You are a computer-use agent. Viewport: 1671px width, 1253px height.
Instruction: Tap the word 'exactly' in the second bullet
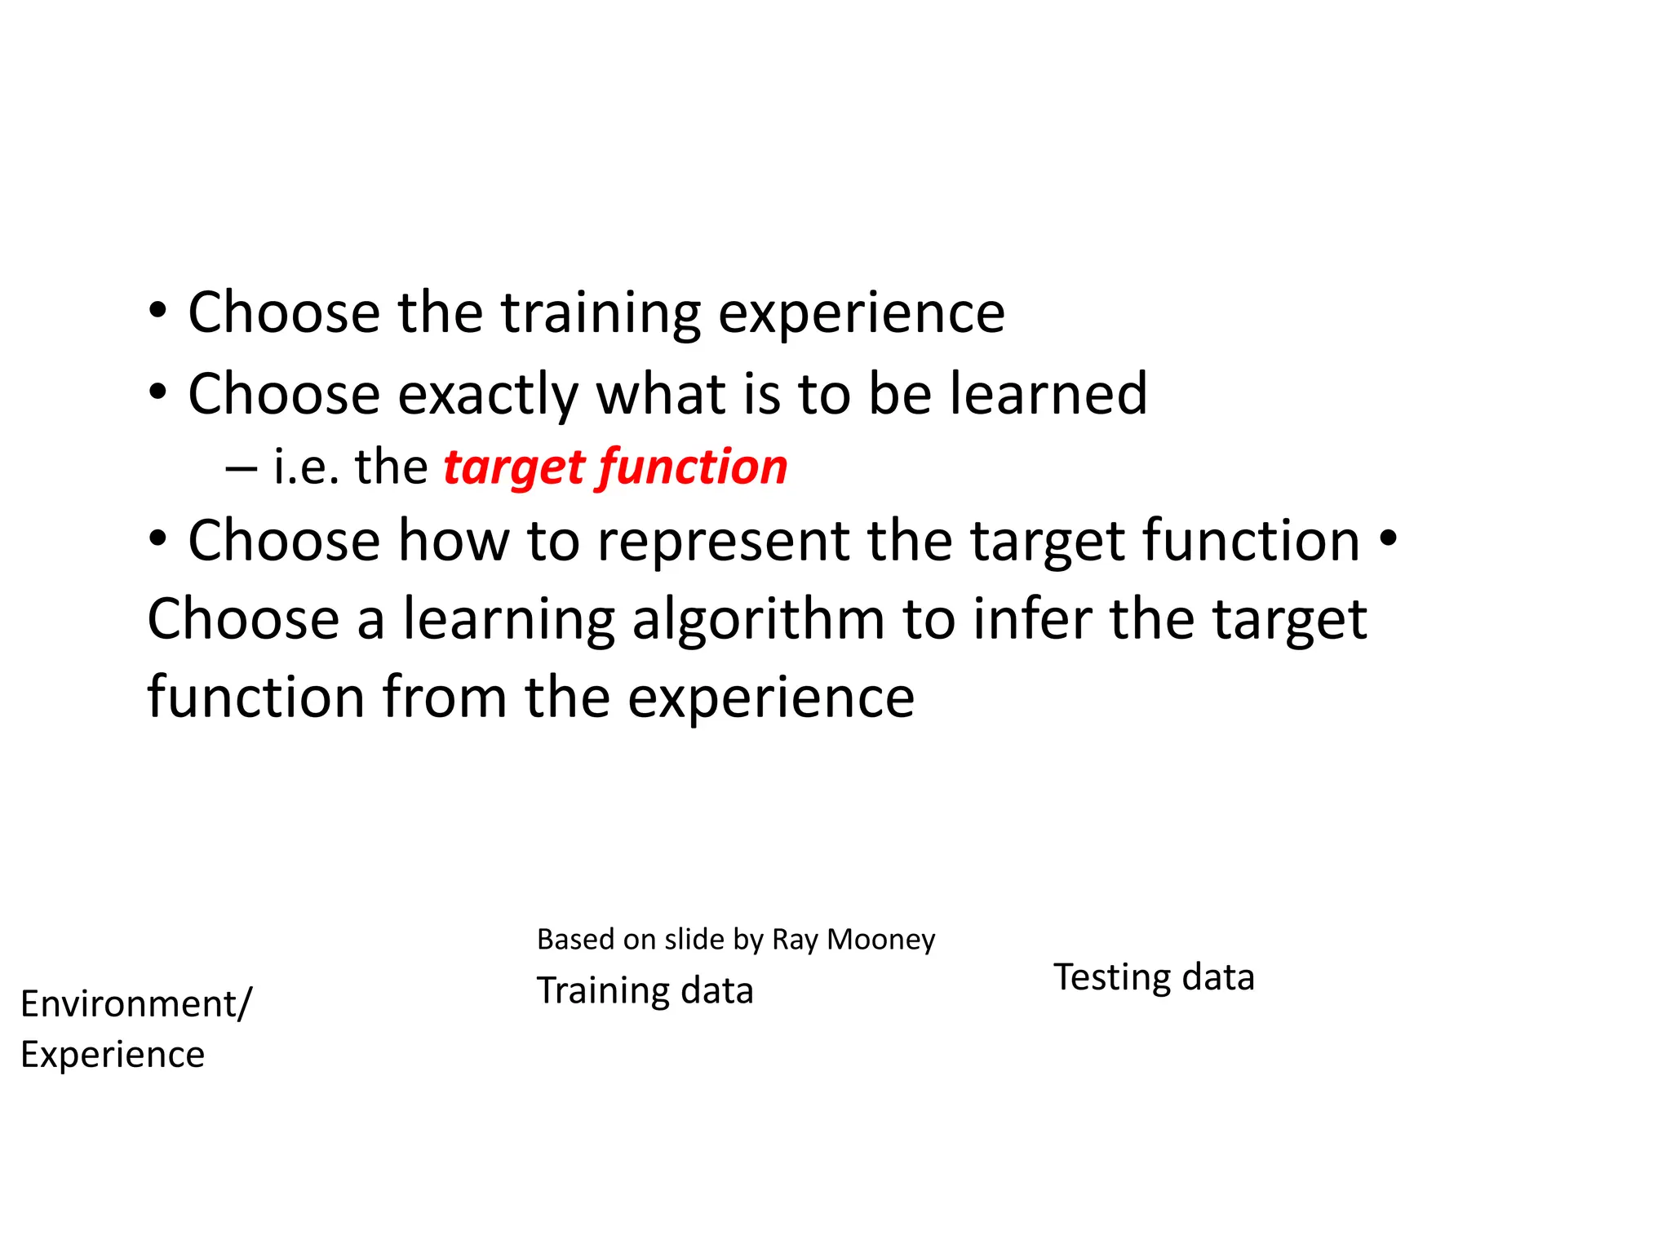[x=488, y=395]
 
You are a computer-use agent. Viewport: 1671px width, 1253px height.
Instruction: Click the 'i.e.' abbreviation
[x=305, y=468]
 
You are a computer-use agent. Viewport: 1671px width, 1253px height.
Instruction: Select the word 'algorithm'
[x=759, y=620]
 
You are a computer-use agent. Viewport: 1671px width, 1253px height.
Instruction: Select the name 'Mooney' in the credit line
[x=881, y=940]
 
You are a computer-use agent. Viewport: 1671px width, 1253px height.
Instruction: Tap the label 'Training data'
[x=645, y=991]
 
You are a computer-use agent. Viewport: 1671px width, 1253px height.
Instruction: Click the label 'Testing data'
[x=1154, y=977]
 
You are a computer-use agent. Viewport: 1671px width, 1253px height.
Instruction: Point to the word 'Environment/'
[x=136, y=1004]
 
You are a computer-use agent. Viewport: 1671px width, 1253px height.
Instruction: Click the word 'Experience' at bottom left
[x=113, y=1056]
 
